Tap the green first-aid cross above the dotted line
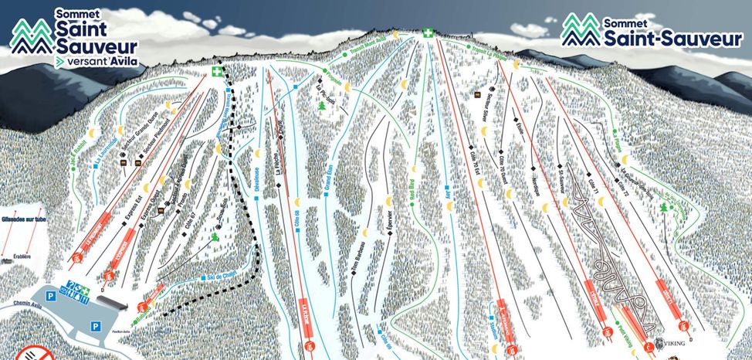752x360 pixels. pos(217,72)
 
